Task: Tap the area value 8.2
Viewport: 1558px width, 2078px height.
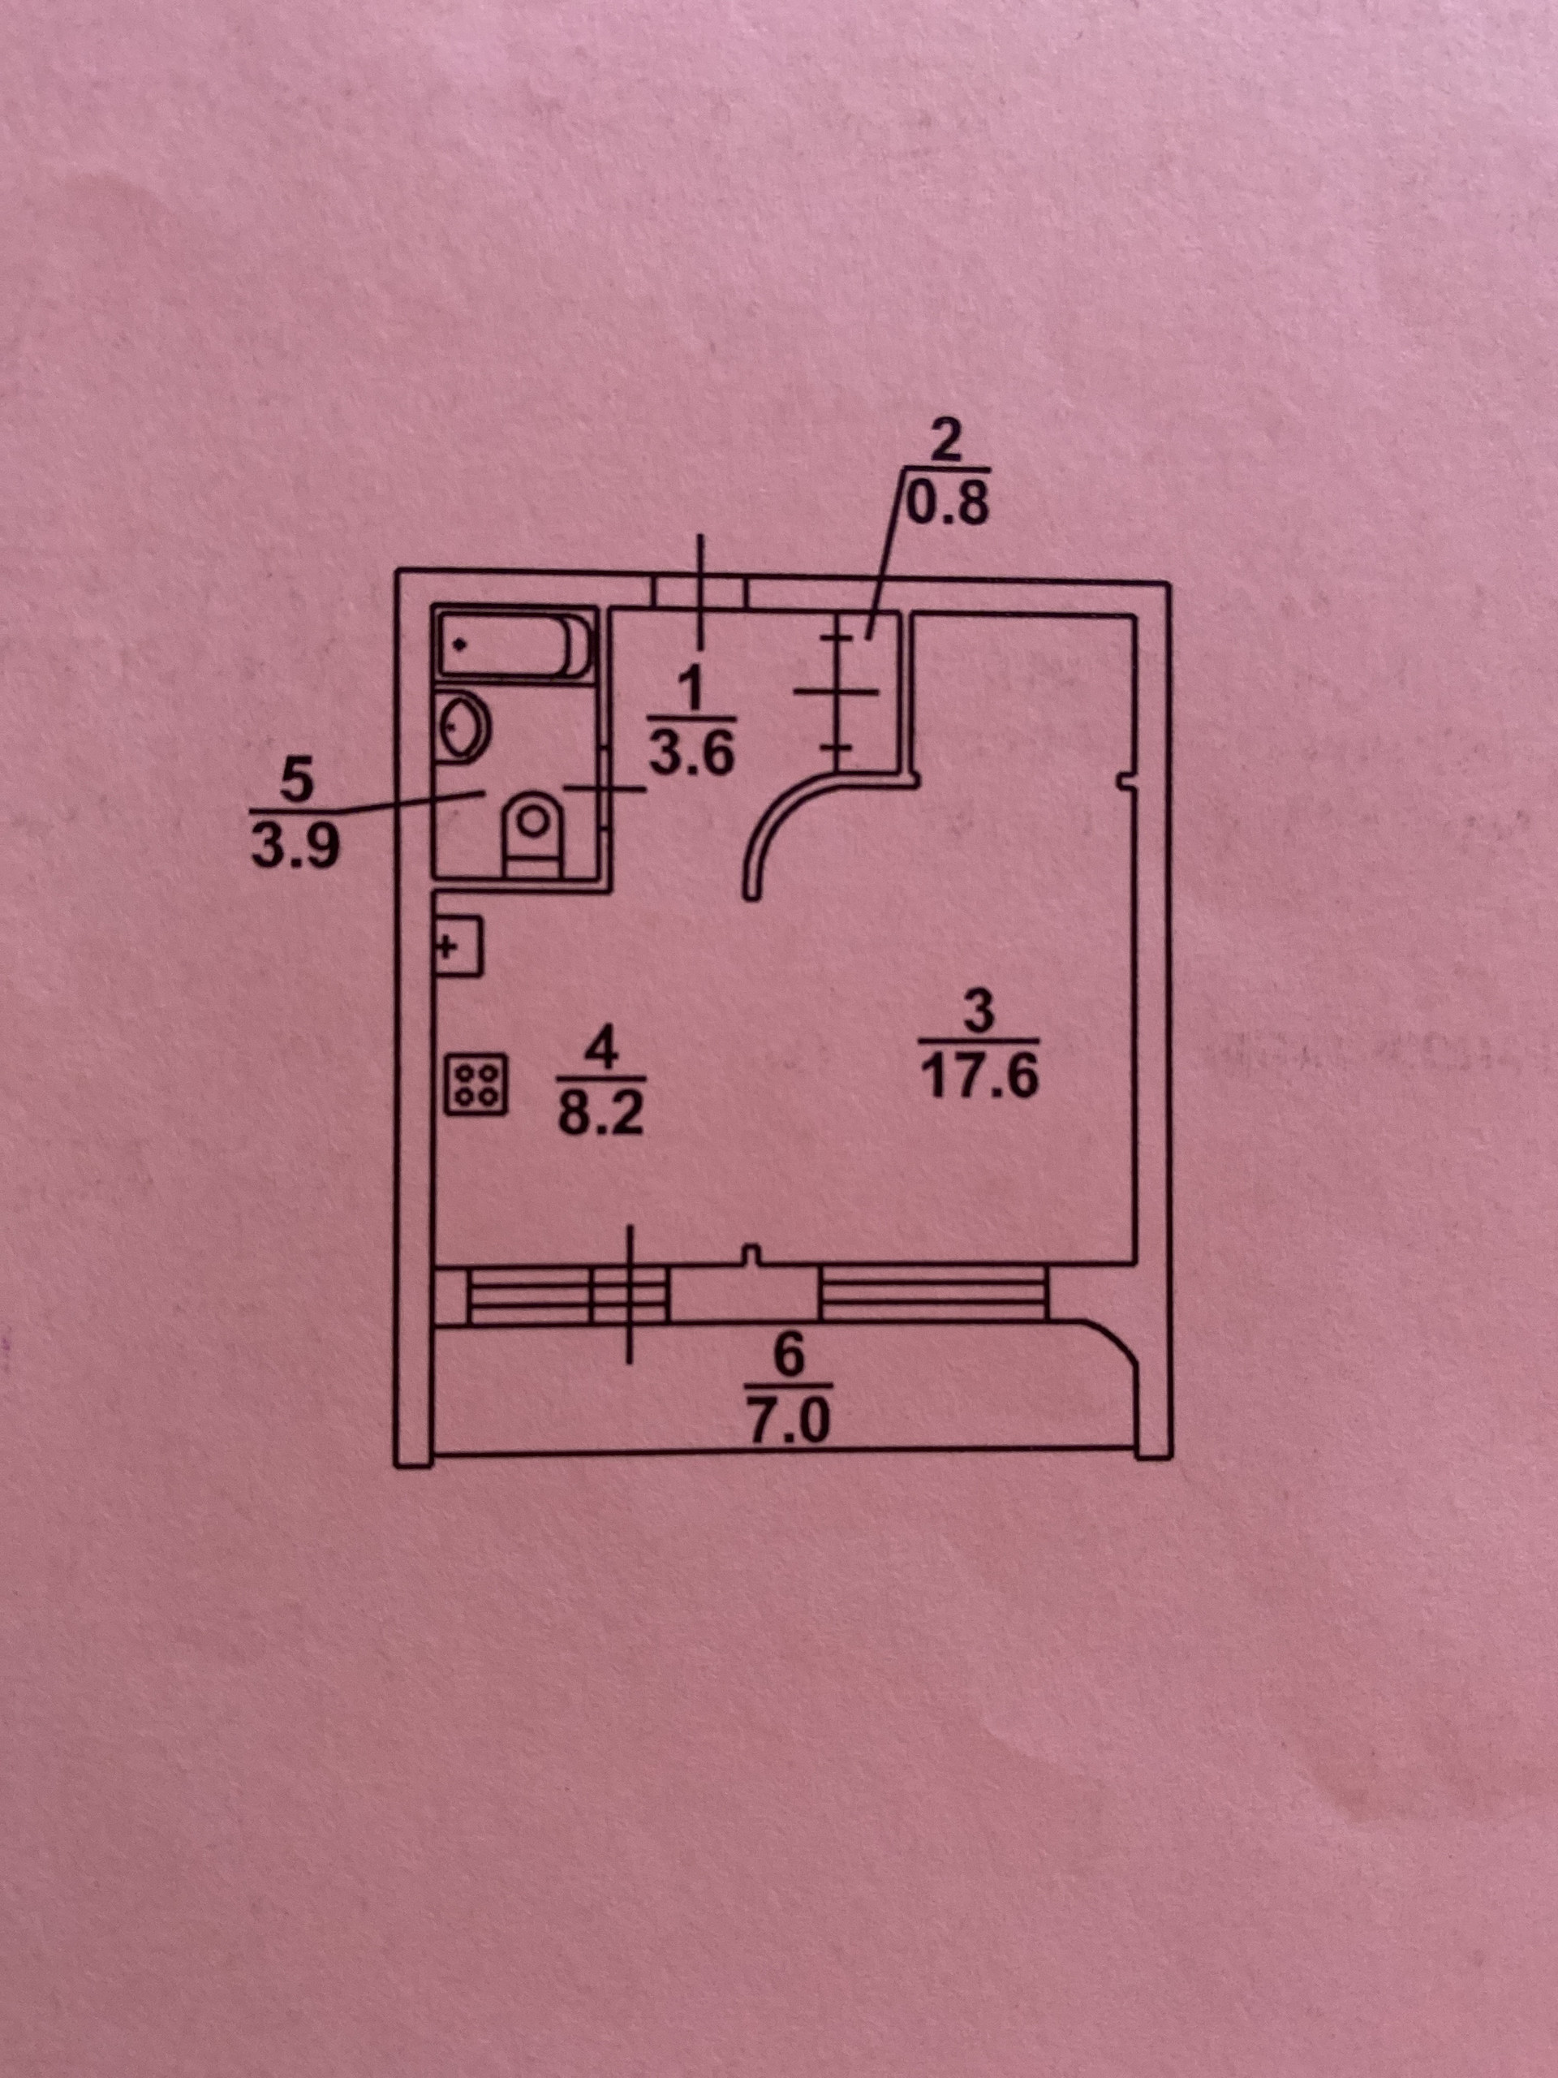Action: tap(600, 1115)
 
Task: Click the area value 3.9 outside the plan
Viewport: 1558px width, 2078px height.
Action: tap(294, 850)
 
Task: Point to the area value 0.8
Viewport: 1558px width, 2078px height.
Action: tap(945, 507)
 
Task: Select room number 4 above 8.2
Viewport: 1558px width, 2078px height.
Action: tap(601, 1051)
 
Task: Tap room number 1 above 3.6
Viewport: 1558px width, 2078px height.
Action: tap(691, 692)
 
